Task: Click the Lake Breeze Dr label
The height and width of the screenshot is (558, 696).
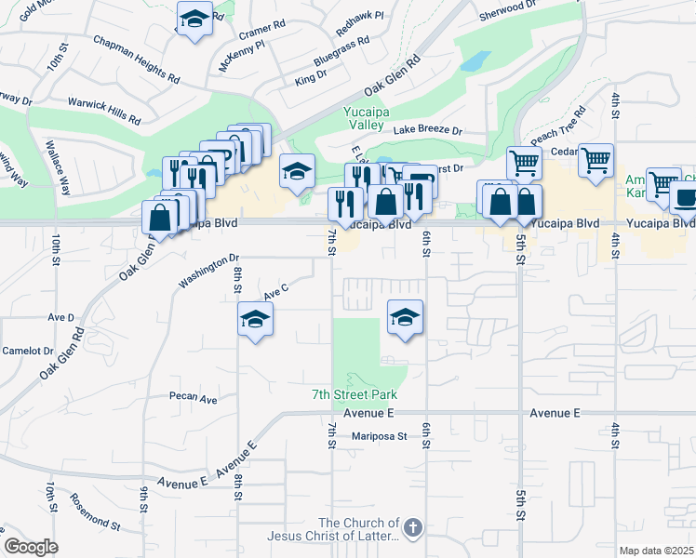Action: pyautogui.click(x=427, y=130)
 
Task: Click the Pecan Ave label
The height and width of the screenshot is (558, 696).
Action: pyautogui.click(x=193, y=398)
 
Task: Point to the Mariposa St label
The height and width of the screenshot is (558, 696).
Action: pyautogui.click(x=380, y=435)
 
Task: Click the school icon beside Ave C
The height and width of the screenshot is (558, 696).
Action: pyautogui.click(x=255, y=320)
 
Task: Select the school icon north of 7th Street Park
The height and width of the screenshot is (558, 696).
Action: pyautogui.click(x=405, y=317)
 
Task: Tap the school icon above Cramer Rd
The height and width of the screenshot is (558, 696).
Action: pyautogui.click(x=194, y=19)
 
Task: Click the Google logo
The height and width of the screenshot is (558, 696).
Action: pyautogui.click(x=32, y=547)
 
